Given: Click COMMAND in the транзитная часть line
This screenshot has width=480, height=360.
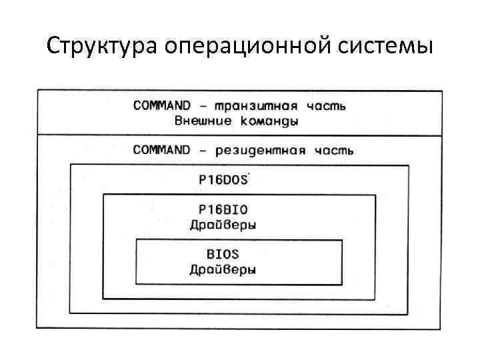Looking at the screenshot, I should click(162, 106).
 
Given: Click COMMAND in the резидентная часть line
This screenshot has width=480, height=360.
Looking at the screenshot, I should click(162, 149).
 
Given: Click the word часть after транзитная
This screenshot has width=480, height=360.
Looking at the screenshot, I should click(326, 107).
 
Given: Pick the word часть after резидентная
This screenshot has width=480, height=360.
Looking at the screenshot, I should click(334, 150).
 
